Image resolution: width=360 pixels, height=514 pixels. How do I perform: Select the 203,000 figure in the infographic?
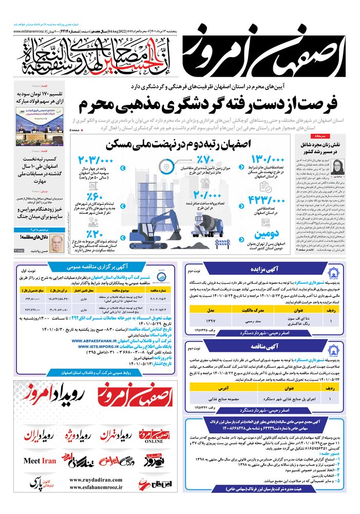97,160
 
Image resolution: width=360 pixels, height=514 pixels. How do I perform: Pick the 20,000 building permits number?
209,196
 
